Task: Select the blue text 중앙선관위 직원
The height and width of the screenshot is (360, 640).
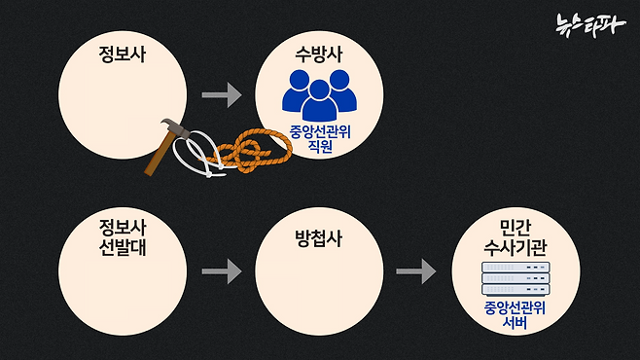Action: (318, 141)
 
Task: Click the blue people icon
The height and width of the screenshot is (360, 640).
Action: (318, 96)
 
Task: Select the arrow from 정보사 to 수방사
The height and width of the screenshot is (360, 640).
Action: (221, 95)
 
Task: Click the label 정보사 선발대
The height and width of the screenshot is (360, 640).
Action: (123, 235)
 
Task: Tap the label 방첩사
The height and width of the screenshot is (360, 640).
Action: (318, 237)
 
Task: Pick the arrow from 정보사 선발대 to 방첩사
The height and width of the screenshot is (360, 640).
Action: (221, 271)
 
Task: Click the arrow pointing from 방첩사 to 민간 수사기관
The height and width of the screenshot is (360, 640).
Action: (416, 271)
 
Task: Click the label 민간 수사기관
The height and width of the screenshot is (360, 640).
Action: (516, 235)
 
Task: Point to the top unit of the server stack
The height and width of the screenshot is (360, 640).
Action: (516, 268)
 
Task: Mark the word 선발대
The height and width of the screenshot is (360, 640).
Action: (123, 245)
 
